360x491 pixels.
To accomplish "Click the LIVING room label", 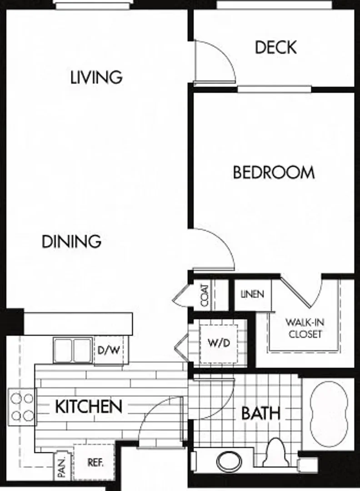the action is [96, 77].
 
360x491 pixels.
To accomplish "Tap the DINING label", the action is [71, 241].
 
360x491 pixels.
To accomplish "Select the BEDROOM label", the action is [274, 173].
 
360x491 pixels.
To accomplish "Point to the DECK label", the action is [275, 47].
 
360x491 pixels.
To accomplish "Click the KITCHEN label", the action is [89, 406].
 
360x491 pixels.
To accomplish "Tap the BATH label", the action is [261, 413].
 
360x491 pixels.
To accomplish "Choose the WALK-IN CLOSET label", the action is [305, 328].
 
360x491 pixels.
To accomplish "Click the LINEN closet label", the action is [252, 294].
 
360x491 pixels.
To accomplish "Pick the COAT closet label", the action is [205, 295].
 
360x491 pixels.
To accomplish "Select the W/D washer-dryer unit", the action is [219, 344].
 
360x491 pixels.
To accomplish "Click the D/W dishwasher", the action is [109, 350].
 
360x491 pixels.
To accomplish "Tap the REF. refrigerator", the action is [94, 462].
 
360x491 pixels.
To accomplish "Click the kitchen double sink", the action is [73, 350].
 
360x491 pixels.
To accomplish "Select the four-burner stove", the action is [22, 407].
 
